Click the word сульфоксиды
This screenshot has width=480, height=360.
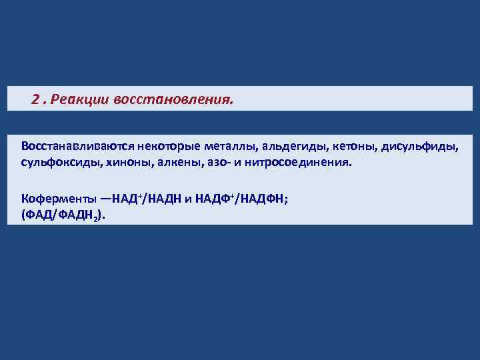click(58, 163)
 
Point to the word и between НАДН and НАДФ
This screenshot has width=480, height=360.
click(188, 198)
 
